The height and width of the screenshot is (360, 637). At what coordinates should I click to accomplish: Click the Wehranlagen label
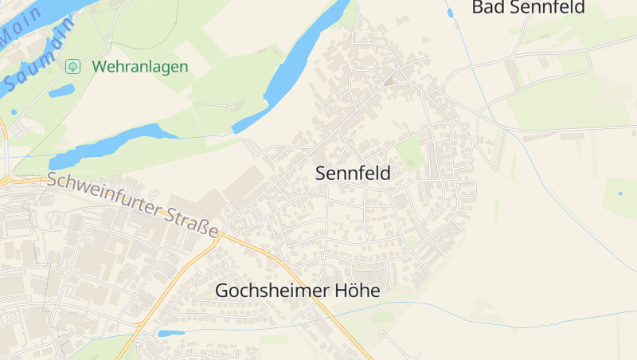[139, 66]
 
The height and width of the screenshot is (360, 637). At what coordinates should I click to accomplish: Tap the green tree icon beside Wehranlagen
[72, 66]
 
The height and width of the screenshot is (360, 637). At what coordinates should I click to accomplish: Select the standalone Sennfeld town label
[353, 174]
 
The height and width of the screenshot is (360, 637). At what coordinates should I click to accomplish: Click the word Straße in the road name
[193, 222]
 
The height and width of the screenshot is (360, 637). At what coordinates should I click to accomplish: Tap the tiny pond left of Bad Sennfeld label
[450, 13]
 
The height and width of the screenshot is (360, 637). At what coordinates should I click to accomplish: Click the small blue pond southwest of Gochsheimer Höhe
[170, 333]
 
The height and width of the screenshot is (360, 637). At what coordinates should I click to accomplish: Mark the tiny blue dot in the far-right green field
[620, 194]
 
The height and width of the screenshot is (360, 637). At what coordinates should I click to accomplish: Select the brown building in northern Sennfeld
[389, 80]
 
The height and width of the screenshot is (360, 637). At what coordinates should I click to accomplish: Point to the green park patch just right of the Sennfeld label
[410, 153]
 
